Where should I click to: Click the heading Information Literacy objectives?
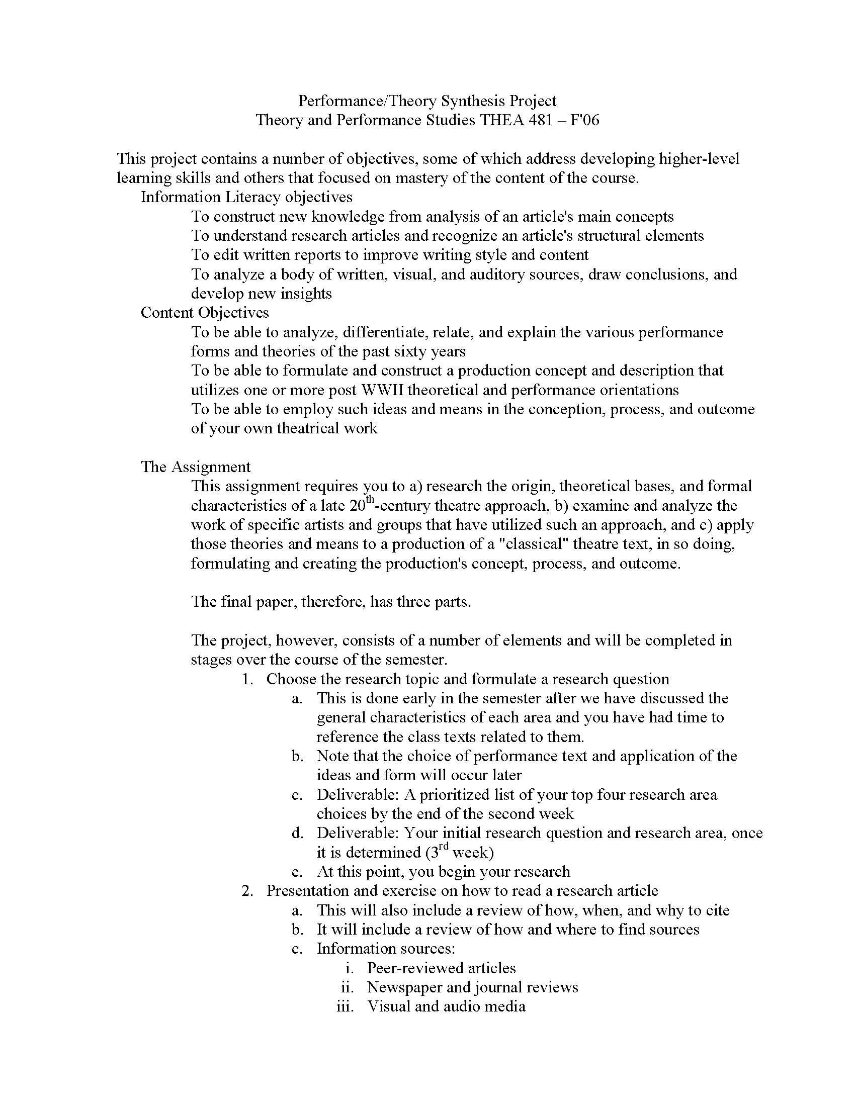(x=246, y=197)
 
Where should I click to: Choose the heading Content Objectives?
(x=205, y=313)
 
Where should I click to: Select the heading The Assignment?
(x=196, y=467)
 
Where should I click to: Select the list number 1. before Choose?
(x=247, y=679)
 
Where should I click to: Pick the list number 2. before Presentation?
(x=247, y=891)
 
